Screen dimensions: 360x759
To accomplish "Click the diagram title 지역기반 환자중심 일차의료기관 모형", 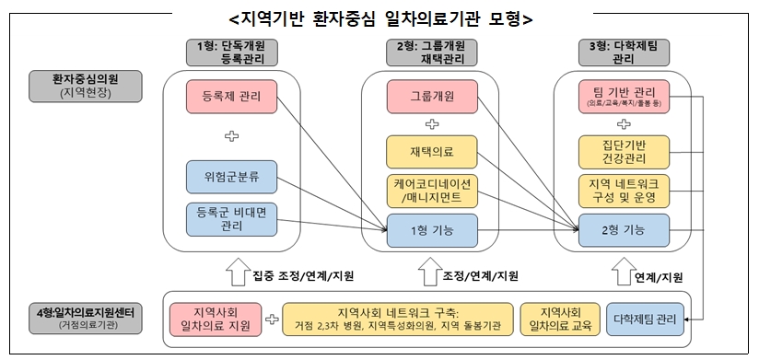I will coord(380,18).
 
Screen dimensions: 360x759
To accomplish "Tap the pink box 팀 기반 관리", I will coord(625,95).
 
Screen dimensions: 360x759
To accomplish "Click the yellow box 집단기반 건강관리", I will coord(625,150).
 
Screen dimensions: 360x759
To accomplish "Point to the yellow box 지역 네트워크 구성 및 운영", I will coord(625,190).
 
